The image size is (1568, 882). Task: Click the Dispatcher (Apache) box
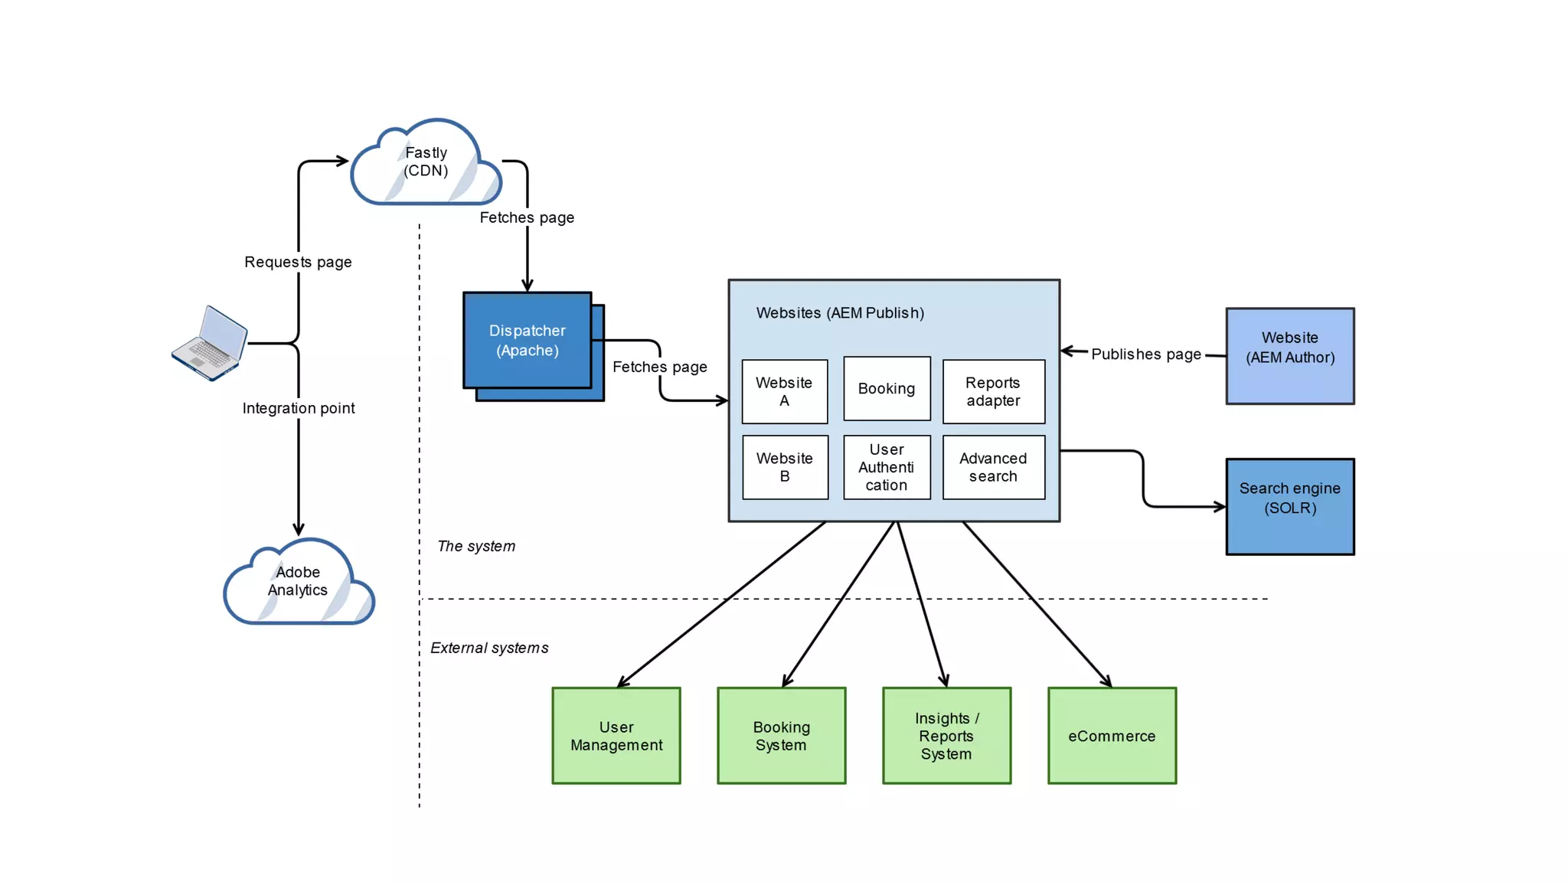click(x=527, y=341)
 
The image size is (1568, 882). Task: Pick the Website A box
click(x=784, y=391)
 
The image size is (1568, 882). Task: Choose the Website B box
click(x=785, y=467)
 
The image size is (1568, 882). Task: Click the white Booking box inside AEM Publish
click(x=887, y=388)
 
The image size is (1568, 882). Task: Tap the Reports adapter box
click(x=993, y=391)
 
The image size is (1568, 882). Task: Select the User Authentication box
click(x=887, y=467)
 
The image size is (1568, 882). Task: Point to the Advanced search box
click(x=993, y=467)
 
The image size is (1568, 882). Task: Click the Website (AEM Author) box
click(x=1289, y=356)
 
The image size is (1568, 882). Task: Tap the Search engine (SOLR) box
click(x=1289, y=506)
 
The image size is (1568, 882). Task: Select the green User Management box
click(x=616, y=736)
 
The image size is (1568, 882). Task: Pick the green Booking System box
click(x=781, y=736)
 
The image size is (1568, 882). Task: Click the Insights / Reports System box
click(x=946, y=736)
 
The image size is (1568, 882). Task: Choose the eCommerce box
click(x=1112, y=736)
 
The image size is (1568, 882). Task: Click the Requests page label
click(x=298, y=262)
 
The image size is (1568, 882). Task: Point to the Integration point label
click(x=299, y=408)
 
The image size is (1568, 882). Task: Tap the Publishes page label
click(x=1145, y=354)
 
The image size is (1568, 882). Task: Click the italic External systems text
click(x=489, y=648)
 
